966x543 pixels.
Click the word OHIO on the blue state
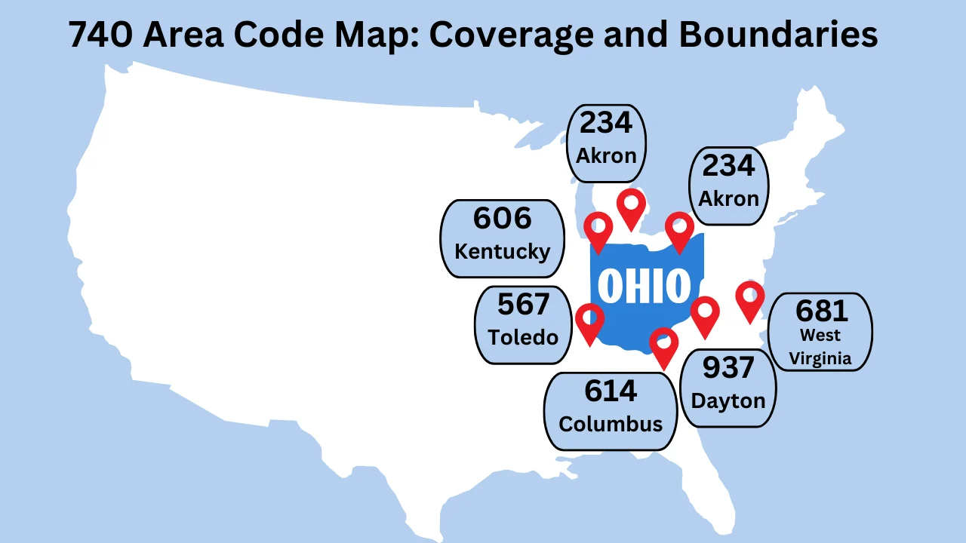(x=645, y=286)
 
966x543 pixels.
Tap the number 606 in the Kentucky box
(x=503, y=219)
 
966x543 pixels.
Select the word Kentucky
(x=503, y=251)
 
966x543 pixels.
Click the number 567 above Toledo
(x=523, y=305)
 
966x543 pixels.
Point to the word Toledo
(x=523, y=336)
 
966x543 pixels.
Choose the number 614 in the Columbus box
(x=611, y=391)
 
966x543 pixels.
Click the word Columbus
(x=611, y=424)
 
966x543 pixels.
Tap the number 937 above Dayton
(x=728, y=368)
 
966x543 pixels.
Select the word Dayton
(x=728, y=400)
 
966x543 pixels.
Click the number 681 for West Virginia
(x=822, y=311)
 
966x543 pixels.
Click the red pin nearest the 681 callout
(x=749, y=299)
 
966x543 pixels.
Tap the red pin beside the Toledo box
(x=589, y=321)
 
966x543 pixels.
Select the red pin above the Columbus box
(x=664, y=345)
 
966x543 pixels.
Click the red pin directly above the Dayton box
(x=705, y=314)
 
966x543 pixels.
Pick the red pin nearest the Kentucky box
(x=598, y=229)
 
